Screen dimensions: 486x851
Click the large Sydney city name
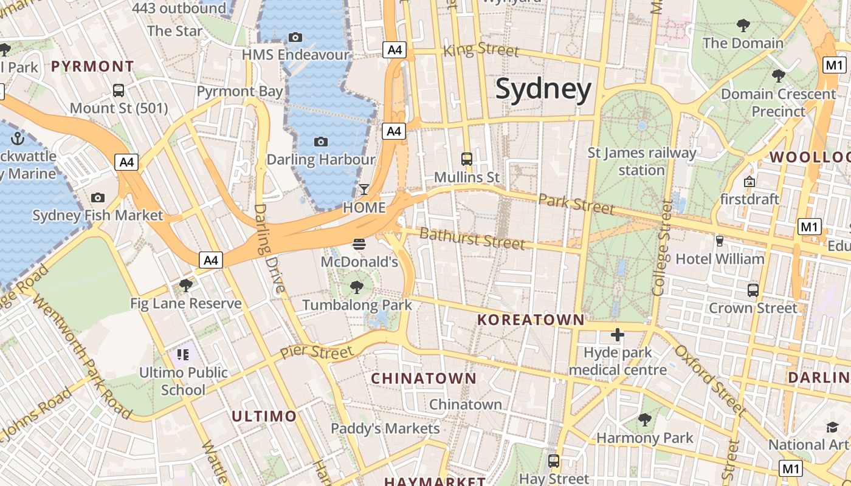pyautogui.click(x=543, y=89)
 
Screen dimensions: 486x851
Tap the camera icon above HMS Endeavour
pyautogui.click(x=295, y=37)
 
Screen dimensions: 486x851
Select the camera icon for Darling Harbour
pyautogui.click(x=321, y=142)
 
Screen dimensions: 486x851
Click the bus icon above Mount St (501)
pyautogui.click(x=119, y=90)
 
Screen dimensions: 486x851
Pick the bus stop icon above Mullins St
pyautogui.click(x=467, y=159)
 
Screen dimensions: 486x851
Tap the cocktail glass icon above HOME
pyautogui.click(x=363, y=190)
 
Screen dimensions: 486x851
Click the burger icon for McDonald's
pyautogui.click(x=359, y=244)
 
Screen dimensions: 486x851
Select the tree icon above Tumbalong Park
pyautogui.click(x=357, y=287)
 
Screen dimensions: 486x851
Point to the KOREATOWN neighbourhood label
pyautogui.click(x=531, y=320)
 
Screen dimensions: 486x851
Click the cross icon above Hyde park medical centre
pyautogui.click(x=618, y=334)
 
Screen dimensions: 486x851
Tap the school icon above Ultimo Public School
pyautogui.click(x=183, y=354)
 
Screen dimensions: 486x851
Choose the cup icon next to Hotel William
pyautogui.click(x=720, y=241)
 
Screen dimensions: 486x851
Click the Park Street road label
pyautogui.click(x=576, y=204)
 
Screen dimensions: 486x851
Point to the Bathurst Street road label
pyautogui.click(x=472, y=238)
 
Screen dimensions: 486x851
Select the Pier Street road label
pyautogui.click(x=316, y=352)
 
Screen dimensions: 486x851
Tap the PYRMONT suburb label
pyautogui.click(x=92, y=66)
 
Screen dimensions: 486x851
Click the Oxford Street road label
pyautogui.click(x=709, y=379)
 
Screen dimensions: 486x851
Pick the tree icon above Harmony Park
pyautogui.click(x=644, y=419)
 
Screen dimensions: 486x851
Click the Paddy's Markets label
pyautogui.click(x=385, y=428)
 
